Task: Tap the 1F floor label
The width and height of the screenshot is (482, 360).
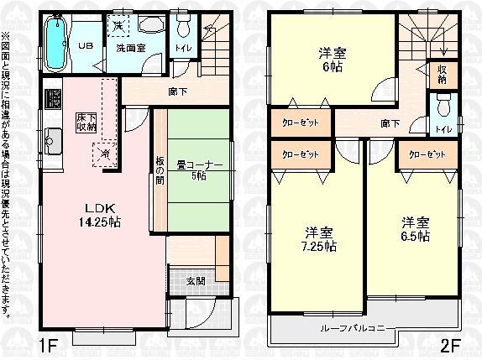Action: (x=49, y=344)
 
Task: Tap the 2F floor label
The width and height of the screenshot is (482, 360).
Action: (x=452, y=344)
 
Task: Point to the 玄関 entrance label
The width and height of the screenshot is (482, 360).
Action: (x=196, y=280)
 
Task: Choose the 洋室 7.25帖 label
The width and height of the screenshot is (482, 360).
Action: (x=320, y=239)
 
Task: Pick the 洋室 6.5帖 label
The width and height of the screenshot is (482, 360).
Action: (x=416, y=229)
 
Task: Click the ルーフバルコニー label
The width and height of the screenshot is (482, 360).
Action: (x=357, y=327)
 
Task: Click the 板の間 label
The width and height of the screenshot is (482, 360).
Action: (x=159, y=171)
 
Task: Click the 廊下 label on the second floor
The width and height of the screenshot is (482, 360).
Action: (x=390, y=123)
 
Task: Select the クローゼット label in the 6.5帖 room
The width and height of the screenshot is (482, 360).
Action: (x=427, y=154)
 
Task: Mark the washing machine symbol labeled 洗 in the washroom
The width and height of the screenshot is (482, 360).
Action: (x=119, y=27)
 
